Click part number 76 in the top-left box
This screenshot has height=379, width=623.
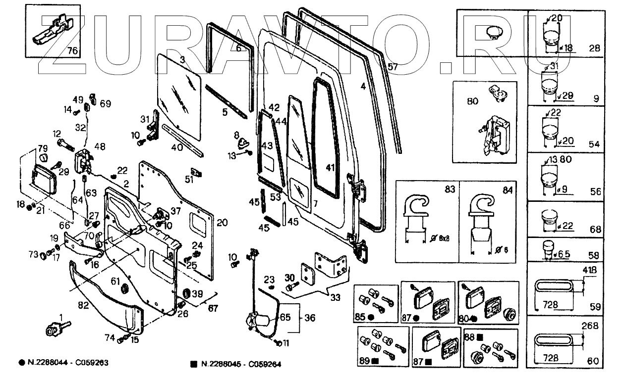click(x=72, y=50)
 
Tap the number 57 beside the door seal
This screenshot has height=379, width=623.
click(x=393, y=66)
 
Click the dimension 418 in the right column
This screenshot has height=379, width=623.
click(x=590, y=271)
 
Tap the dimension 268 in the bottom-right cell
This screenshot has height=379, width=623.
click(x=590, y=327)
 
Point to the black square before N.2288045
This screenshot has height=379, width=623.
click(x=194, y=364)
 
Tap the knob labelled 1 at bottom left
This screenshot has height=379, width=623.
click(x=53, y=329)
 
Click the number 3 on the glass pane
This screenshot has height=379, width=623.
click(x=182, y=60)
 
